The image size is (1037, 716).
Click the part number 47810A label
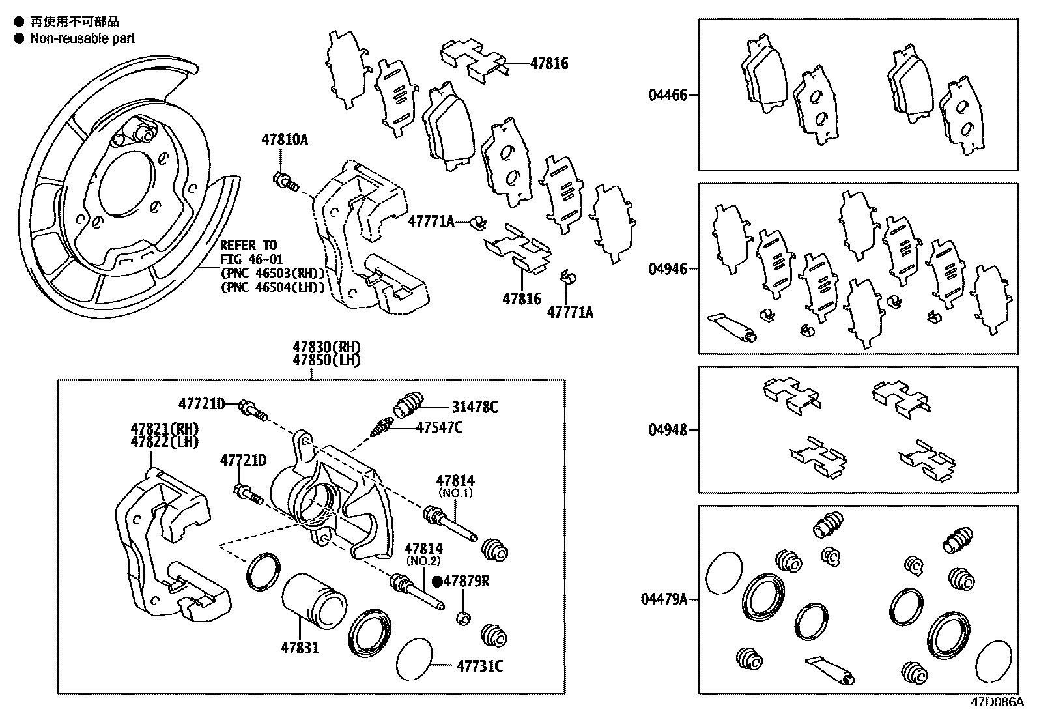(284, 139)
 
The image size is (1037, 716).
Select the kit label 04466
(667, 95)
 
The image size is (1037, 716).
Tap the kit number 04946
(667, 269)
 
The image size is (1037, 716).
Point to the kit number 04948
(667, 430)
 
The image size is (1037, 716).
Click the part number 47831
(300, 648)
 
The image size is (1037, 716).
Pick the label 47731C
(479, 666)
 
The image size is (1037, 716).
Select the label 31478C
(475, 407)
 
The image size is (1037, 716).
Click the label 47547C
(439, 427)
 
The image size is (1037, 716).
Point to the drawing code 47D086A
(997, 702)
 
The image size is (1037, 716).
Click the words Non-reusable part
(82, 38)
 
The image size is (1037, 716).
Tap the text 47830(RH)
(326, 347)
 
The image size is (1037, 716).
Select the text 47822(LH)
(164, 441)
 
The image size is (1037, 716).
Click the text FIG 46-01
(248, 258)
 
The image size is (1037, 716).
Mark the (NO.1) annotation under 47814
(455, 493)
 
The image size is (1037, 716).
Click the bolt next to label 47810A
(285, 180)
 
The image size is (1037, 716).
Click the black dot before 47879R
(437, 582)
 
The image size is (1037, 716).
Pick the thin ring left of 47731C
(414, 659)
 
